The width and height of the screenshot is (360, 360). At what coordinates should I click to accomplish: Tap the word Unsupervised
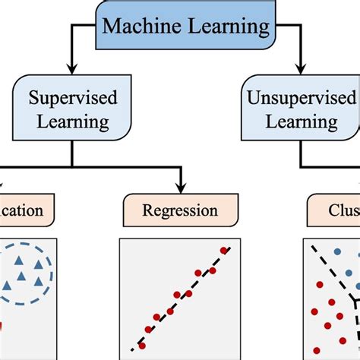[x=302, y=98]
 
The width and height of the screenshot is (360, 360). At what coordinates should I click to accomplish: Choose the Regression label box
[x=180, y=210]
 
